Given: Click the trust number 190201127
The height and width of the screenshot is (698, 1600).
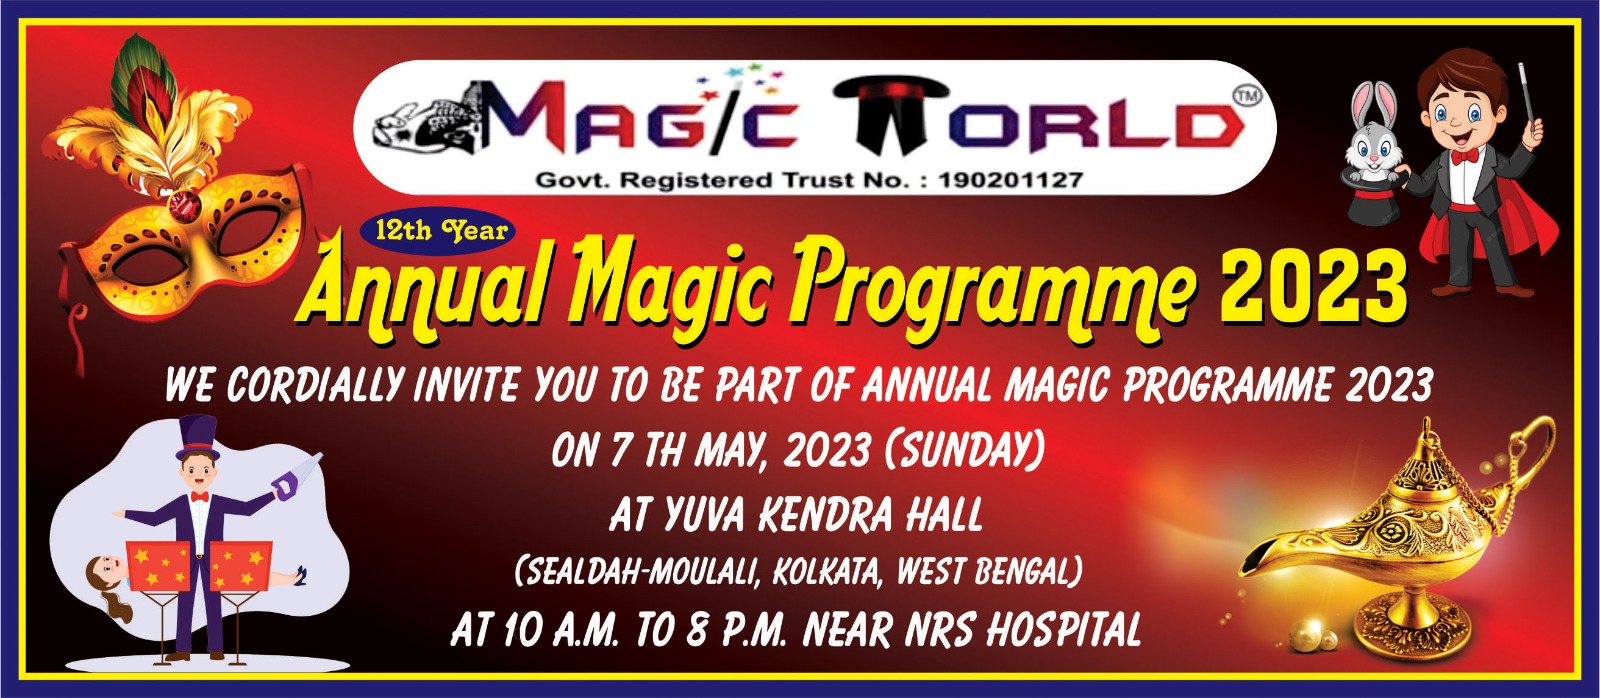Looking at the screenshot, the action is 1011,180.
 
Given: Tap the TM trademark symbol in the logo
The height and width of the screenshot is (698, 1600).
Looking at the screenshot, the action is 1246,96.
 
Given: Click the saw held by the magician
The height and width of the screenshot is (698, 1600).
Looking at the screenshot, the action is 296,474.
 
